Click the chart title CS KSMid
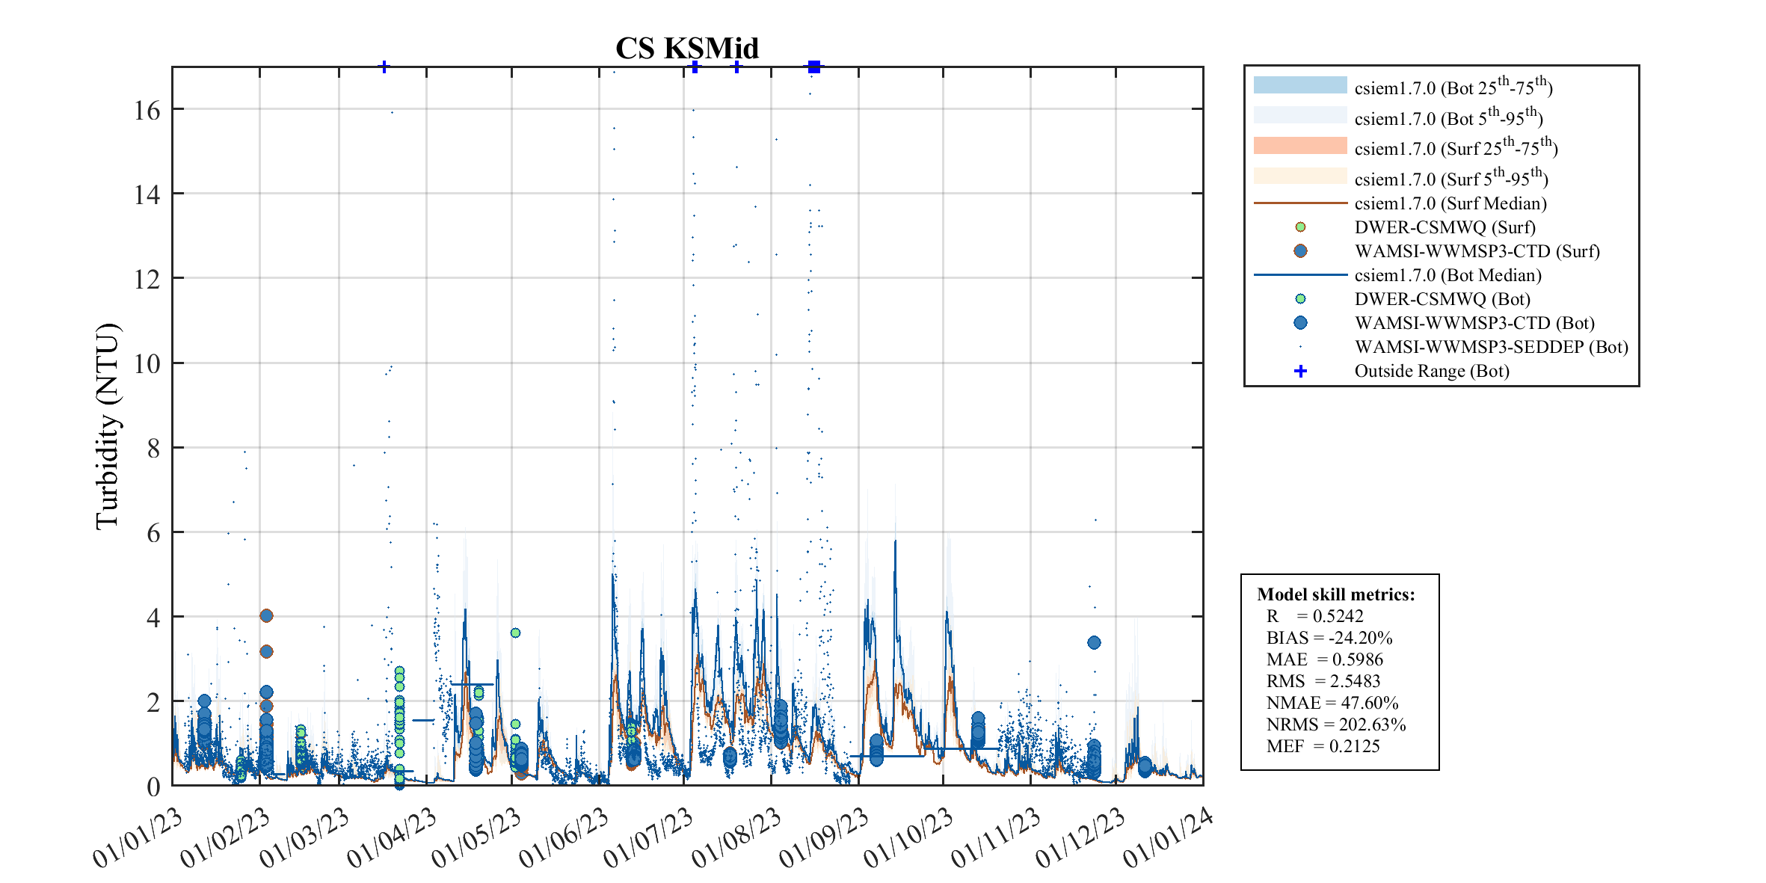(x=686, y=49)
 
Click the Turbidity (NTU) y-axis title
(x=108, y=426)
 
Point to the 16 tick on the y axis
(x=147, y=111)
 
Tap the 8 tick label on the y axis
(x=153, y=449)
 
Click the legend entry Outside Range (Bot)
(x=1431, y=371)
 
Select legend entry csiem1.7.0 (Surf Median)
(x=1450, y=203)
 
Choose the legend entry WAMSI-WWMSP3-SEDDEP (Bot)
(x=1491, y=347)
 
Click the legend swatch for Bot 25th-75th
(x=1299, y=85)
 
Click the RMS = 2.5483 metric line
(x=1323, y=681)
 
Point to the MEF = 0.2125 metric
(x=1323, y=746)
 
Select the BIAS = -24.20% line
(x=1329, y=638)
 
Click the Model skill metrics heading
(x=1335, y=594)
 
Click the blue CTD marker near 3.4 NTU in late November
(x=1094, y=642)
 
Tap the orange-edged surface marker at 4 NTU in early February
(x=266, y=615)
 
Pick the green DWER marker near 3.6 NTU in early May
(x=515, y=633)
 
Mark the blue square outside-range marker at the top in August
(x=814, y=67)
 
